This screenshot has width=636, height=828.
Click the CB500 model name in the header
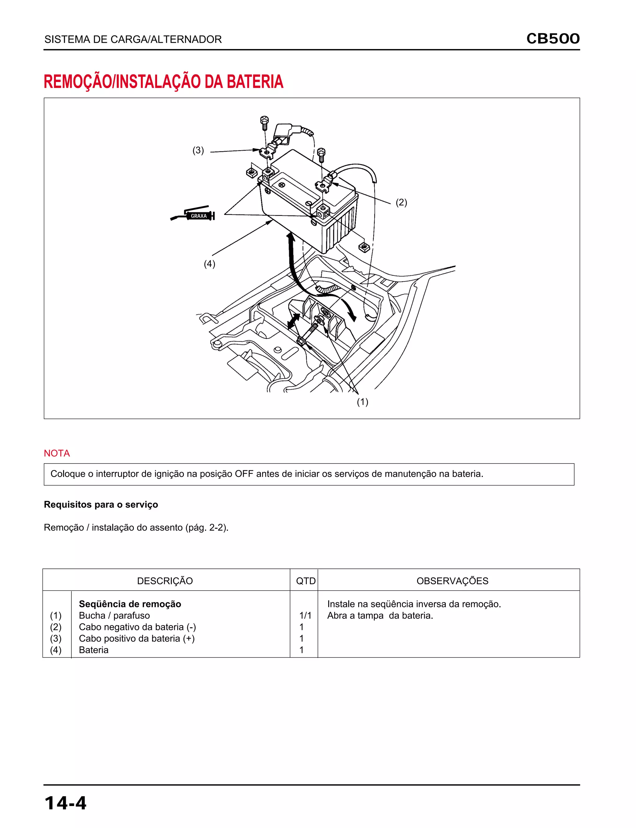[x=553, y=38]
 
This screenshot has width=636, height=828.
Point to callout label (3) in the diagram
[x=198, y=150]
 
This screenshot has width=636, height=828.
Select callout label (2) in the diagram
[x=401, y=202]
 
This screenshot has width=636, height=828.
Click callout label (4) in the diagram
[x=209, y=264]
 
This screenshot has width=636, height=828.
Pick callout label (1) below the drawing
[x=362, y=401]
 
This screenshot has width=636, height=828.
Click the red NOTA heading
[x=57, y=453]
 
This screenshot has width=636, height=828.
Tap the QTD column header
[x=306, y=581]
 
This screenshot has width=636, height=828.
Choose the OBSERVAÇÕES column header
[x=452, y=581]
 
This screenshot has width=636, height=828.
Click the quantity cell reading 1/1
[x=305, y=615]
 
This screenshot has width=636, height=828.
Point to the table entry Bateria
[x=93, y=650]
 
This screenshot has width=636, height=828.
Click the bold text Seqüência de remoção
[x=130, y=604]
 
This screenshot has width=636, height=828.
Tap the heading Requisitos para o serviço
[x=101, y=504]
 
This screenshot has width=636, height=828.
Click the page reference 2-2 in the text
[x=216, y=527]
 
